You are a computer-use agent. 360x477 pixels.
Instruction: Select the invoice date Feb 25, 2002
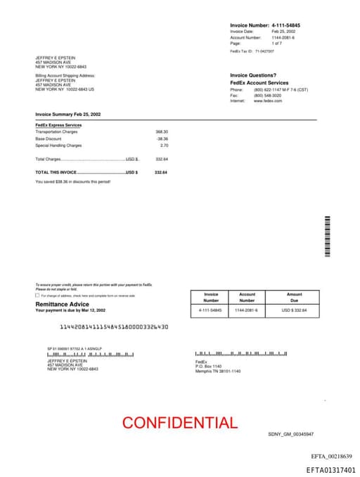tap(283, 32)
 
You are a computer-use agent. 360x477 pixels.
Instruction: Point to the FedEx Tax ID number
tap(264, 51)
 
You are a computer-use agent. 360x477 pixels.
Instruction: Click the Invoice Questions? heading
tap(253, 75)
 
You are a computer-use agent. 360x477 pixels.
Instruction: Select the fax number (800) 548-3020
tap(267, 96)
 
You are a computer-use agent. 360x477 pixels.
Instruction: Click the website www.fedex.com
tap(268, 101)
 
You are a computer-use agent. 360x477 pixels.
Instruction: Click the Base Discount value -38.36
tap(162, 139)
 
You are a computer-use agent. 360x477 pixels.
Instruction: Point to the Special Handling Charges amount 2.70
tap(164, 146)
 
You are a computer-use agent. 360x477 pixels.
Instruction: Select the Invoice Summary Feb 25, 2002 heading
tap(68, 114)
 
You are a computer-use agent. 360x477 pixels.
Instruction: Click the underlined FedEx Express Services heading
tap(58, 125)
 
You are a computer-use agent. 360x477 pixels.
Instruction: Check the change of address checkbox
tap(37, 295)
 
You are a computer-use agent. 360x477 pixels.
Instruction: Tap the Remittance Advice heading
tap(63, 304)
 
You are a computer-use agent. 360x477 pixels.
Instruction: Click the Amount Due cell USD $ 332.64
tap(295, 310)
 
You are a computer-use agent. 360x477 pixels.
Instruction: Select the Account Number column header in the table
tap(247, 297)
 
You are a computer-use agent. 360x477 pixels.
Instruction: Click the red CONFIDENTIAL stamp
tap(180, 423)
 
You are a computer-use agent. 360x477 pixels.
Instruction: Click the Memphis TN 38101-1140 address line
tap(218, 371)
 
